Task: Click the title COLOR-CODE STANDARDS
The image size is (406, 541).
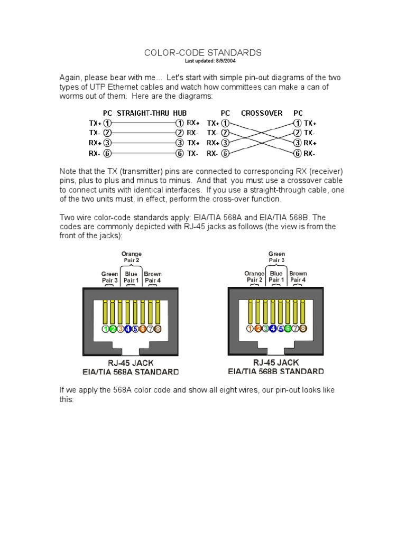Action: point(203,53)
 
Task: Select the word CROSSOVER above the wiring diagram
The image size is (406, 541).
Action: point(262,113)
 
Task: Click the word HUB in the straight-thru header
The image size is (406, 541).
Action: point(180,113)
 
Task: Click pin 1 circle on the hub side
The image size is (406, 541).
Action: point(179,123)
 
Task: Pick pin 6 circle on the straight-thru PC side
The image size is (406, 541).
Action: point(107,154)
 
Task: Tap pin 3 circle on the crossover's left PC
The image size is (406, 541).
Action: point(225,143)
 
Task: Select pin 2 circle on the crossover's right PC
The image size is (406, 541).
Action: point(298,133)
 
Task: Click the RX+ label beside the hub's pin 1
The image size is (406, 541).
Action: point(192,123)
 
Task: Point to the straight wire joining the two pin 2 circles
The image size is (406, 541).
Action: point(143,133)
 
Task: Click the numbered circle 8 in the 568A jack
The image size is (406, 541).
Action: point(157,329)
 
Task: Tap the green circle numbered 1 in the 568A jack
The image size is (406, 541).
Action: point(106,329)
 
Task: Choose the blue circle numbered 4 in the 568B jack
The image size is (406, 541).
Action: point(273,329)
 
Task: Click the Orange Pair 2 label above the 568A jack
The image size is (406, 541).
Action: point(131,257)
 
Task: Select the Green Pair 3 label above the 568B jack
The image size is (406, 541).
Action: point(276,257)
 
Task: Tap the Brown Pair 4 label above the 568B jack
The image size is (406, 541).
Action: point(298,277)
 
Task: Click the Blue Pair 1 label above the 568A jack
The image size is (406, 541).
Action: point(131,277)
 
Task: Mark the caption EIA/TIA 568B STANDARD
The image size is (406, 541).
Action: point(276,371)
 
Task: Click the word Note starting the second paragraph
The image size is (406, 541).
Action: point(68,171)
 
